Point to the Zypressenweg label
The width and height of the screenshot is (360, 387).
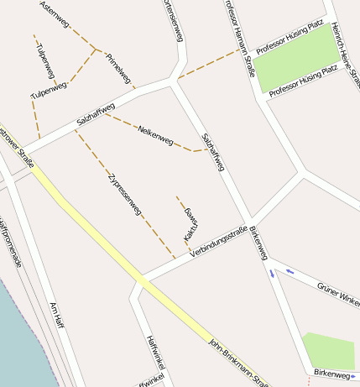125,195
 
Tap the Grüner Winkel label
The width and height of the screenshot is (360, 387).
338,294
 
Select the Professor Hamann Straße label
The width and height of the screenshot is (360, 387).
239,38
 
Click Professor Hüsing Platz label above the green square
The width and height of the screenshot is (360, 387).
290,39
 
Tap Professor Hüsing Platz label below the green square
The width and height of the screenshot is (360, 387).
302,81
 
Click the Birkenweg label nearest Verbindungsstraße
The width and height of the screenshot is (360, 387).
259,243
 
